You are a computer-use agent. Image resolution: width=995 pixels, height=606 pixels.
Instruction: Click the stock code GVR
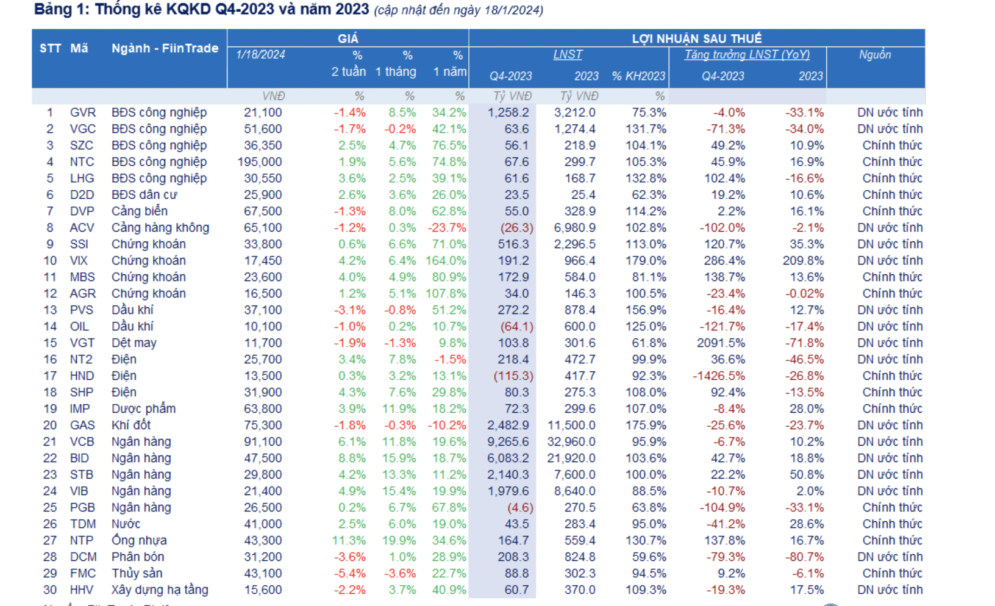click(x=82, y=113)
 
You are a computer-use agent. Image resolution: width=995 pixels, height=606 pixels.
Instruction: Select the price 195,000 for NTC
click(x=260, y=162)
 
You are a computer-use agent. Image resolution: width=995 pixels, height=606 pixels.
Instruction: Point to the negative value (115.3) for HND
click(x=513, y=376)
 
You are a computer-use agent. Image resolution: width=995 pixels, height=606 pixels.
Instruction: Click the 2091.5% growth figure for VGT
click(x=721, y=343)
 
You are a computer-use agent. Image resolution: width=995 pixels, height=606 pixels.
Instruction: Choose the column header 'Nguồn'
click(x=875, y=55)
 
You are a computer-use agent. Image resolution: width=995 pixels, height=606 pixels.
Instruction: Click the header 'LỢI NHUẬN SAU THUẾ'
click(x=697, y=38)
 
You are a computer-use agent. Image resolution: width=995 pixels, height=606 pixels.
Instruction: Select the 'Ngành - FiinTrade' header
click(x=165, y=48)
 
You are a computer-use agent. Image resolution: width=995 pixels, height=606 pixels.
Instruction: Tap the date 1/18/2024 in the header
click(x=260, y=55)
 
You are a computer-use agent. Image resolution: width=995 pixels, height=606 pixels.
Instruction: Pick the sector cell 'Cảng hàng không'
click(x=160, y=228)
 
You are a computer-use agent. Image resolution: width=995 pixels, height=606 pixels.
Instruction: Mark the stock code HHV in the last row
click(x=82, y=590)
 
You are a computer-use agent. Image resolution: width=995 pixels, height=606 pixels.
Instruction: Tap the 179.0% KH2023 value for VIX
click(x=646, y=261)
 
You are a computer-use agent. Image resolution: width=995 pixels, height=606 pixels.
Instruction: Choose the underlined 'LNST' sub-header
click(x=568, y=55)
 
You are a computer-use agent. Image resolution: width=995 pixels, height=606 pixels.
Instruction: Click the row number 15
click(x=50, y=343)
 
